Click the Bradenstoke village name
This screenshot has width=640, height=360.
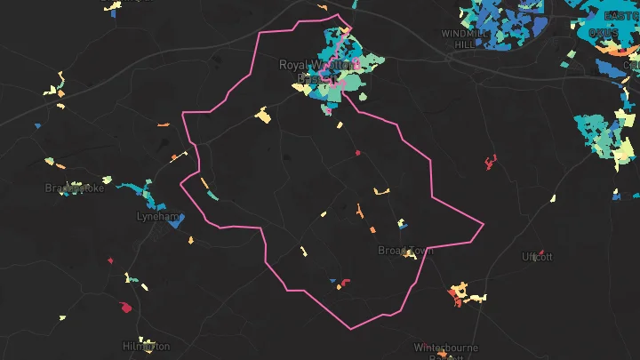(x=75, y=188)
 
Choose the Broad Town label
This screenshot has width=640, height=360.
(x=405, y=251)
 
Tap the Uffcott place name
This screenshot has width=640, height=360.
(x=537, y=257)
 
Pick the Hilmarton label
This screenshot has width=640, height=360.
(x=147, y=346)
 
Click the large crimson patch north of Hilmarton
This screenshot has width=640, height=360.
(x=125, y=308)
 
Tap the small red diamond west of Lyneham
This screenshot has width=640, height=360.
(x=110, y=260)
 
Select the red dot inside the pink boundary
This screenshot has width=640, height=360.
(x=357, y=153)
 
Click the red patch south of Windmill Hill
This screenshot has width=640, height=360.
(x=491, y=162)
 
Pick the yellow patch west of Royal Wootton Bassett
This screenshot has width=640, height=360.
(x=262, y=115)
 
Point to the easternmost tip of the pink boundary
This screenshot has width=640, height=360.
(x=484, y=224)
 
